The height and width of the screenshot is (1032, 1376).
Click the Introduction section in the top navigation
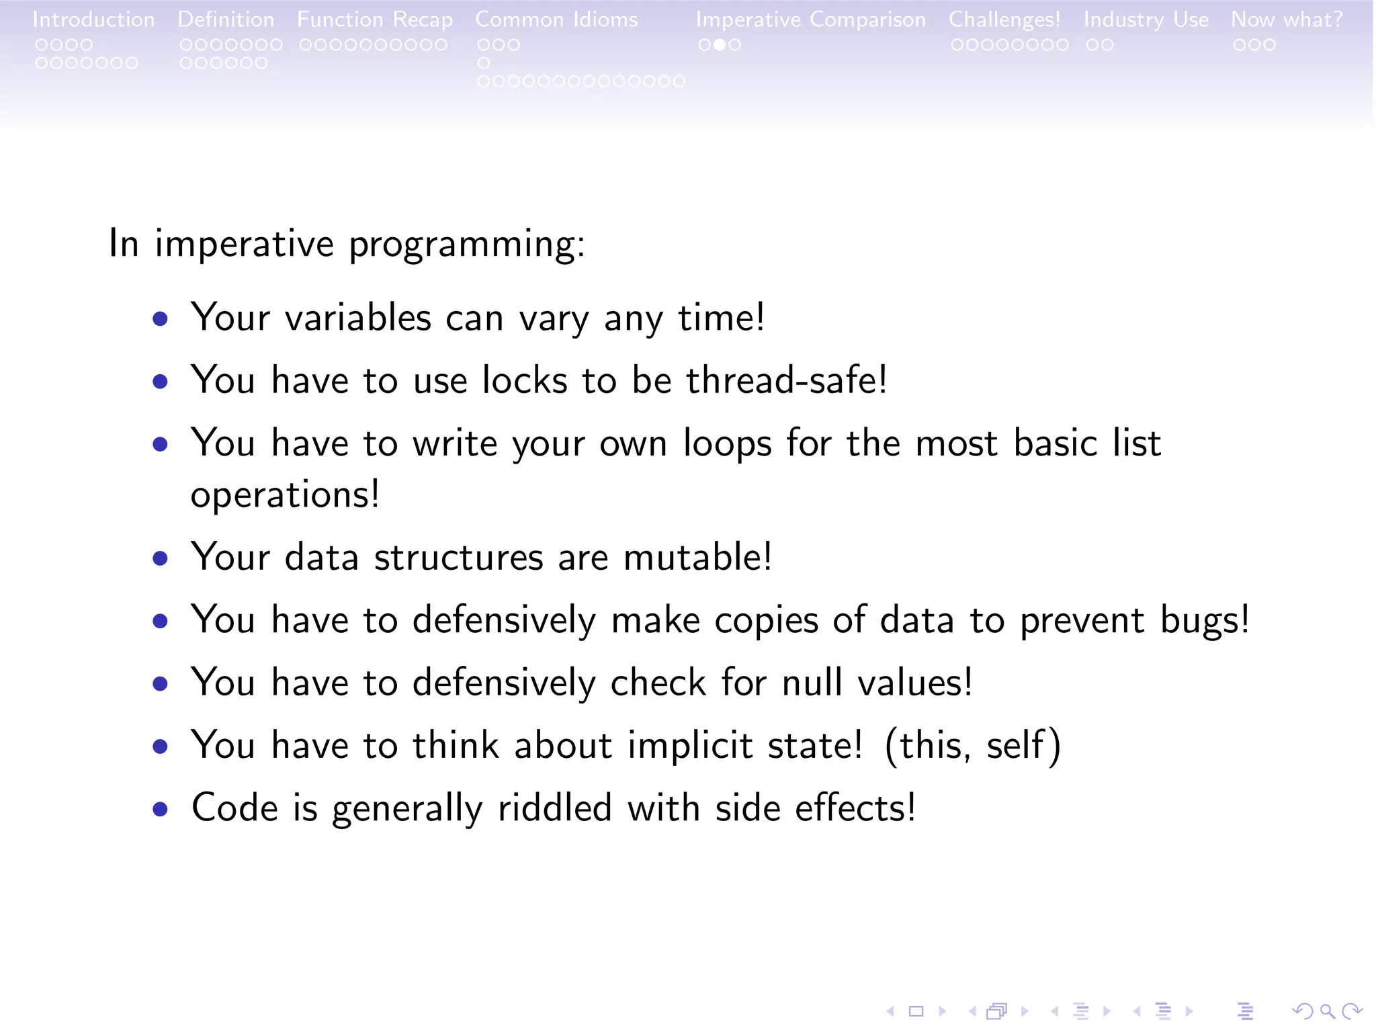click(x=93, y=19)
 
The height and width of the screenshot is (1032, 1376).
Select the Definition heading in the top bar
click(x=226, y=19)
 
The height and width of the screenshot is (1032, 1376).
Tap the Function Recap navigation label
click(x=374, y=19)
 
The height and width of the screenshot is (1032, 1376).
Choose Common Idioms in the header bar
click(x=556, y=19)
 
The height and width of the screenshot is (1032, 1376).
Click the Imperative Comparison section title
click(x=810, y=19)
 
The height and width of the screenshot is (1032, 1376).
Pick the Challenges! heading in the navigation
click(x=1004, y=19)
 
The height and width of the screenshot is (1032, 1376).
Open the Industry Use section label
click(x=1146, y=19)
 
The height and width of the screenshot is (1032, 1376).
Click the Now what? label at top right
click(x=1286, y=19)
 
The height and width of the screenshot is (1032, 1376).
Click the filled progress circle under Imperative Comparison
click(x=719, y=45)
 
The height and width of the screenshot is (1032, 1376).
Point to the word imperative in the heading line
click(x=244, y=243)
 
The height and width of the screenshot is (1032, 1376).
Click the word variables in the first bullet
click(x=357, y=317)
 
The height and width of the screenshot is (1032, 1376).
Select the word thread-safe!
click(x=786, y=380)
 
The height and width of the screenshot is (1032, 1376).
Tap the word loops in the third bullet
click(x=727, y=444)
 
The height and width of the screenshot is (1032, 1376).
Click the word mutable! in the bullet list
click(x=697, y=557)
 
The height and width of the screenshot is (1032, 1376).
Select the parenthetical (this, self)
click(x=972, y=745)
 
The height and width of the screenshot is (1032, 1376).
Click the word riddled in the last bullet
click(x=554, y=808)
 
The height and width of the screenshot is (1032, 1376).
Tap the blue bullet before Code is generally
click(x=160, y=809)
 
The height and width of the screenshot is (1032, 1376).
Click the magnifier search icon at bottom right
click(x=1327, y=1010)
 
